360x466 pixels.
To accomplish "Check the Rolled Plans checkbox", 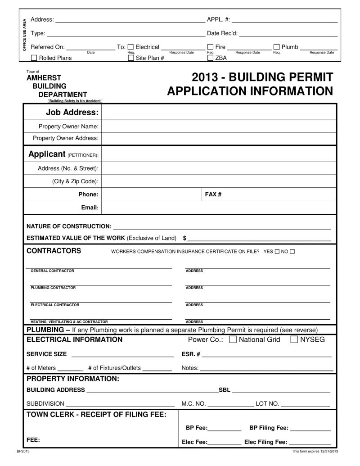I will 34,58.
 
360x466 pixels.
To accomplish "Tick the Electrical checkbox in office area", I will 131,47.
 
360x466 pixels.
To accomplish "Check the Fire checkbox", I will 210,47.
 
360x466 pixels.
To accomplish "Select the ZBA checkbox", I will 210,58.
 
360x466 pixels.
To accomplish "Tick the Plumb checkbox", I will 277,47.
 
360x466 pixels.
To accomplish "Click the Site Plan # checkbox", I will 131,58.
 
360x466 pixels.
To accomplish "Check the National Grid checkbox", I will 233,339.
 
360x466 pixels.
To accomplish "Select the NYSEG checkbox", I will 294,339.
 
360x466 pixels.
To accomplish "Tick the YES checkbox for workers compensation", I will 277,251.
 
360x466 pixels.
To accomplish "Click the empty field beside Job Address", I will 219,112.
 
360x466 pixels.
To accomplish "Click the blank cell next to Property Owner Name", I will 219,127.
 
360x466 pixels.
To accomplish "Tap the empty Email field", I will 219,208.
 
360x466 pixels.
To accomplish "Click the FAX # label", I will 213,194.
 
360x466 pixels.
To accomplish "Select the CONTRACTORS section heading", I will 54,251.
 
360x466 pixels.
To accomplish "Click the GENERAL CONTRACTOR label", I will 52,271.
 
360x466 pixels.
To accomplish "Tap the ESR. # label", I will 191,354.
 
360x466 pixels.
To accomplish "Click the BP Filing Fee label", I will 269,428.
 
